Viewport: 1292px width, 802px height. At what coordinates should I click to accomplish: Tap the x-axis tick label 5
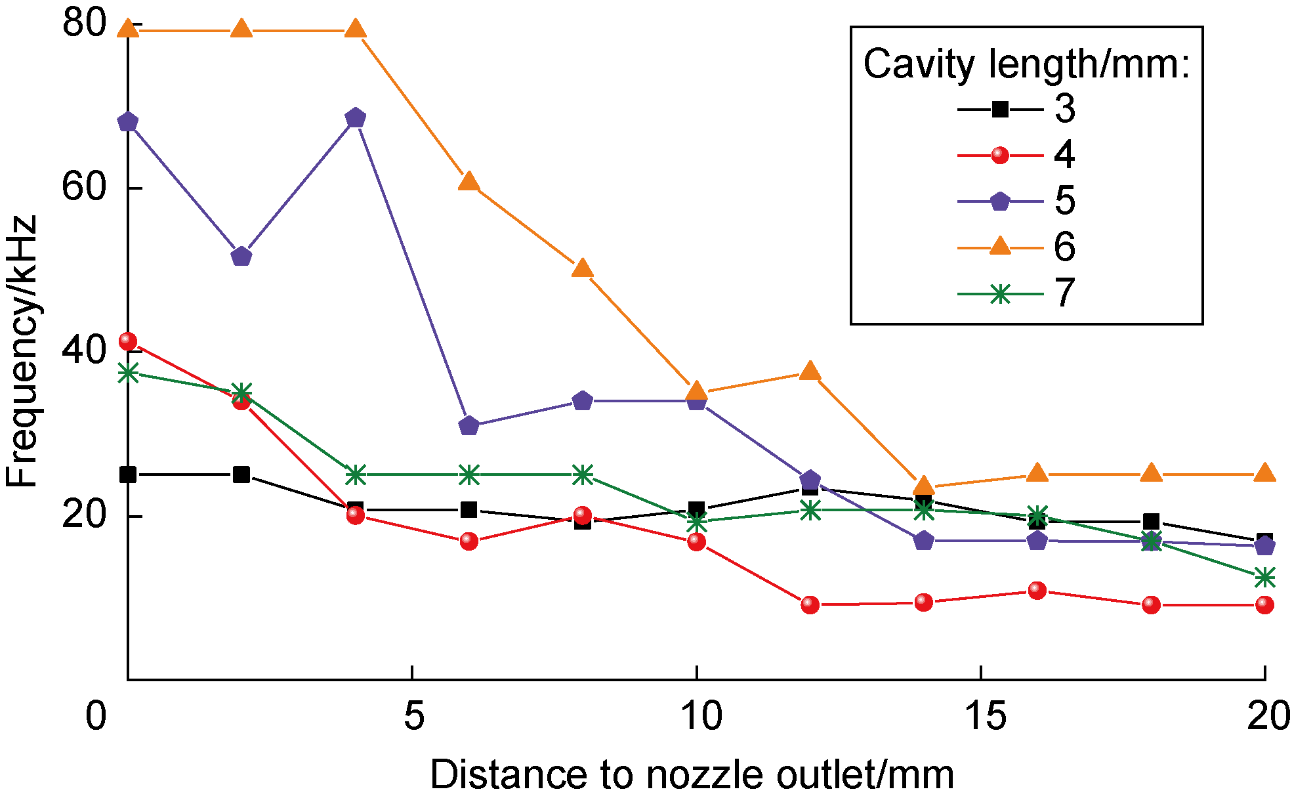click(413, 715)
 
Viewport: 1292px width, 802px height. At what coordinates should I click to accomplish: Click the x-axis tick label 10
click(701, 715)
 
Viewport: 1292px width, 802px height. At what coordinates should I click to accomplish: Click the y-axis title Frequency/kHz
click(22, 351)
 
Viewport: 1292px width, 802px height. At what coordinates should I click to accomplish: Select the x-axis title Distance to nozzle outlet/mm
click(692, 774)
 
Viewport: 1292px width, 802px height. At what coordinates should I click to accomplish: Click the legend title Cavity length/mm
click(1026, 64)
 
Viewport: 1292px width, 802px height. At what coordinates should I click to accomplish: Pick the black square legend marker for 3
click(999, 109)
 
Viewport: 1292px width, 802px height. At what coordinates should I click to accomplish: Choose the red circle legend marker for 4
click(999, 156)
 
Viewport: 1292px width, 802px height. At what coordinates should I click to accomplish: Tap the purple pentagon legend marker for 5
click(999, 201)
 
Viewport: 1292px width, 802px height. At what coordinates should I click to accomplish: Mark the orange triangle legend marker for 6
click(999, 247)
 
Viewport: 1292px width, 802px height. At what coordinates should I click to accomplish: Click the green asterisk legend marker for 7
click(999, 294)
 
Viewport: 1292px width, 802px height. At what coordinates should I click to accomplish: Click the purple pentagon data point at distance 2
click(241, 256)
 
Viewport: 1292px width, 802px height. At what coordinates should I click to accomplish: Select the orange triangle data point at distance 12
click(810, 371)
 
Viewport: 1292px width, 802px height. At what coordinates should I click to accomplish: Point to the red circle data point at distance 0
click(128, 341)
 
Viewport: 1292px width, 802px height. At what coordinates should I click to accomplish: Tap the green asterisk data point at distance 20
click(1264, 578)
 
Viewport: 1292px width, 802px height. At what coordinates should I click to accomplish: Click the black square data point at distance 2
click(241, 475)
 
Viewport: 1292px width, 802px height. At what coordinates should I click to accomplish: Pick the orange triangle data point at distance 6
click(469, 182)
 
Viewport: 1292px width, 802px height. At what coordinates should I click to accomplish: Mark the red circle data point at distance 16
click(1037, 591)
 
